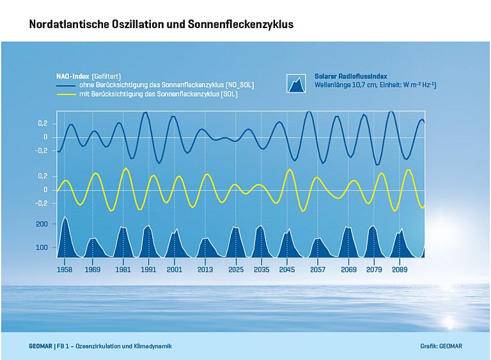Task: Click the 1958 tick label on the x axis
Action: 65,270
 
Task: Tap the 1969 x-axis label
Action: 93,270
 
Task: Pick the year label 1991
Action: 148,270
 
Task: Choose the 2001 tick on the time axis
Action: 174,270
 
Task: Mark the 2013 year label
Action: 205,270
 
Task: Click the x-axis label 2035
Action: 261,270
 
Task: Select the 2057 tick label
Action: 318,270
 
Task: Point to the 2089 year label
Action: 400,270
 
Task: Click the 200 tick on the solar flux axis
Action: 42,224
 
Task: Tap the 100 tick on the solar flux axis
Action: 42,247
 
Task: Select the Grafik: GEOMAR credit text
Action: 441,346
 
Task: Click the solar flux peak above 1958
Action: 65,219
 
